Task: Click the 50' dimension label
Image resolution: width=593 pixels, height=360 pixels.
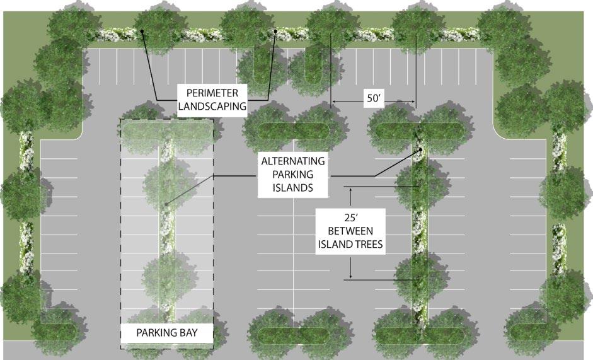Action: coord(372,98)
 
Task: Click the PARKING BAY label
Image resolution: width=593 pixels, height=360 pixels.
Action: coord(166,332)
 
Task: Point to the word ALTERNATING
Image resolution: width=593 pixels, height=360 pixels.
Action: coord(295,161)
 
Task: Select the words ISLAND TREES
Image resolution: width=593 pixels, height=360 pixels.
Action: coord(351,245)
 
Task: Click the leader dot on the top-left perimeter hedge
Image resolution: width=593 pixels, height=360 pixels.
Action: coord(143,30)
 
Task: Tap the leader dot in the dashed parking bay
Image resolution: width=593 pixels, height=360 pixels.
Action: coord(166,204)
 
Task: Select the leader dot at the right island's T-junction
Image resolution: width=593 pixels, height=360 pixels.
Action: coord(420,149)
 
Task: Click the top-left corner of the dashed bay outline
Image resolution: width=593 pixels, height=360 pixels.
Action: coord(121,118)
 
